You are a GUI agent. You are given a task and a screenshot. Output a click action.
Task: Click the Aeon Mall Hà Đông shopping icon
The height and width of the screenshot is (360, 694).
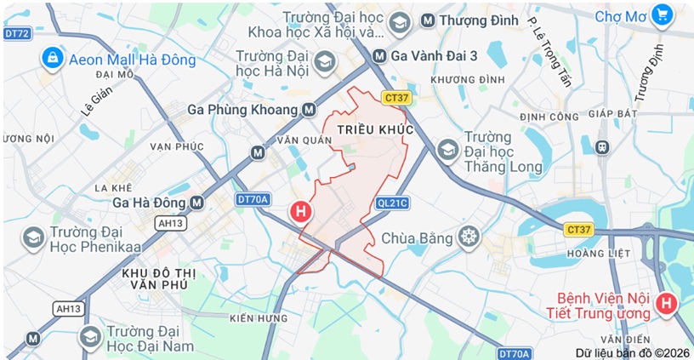[53, 59]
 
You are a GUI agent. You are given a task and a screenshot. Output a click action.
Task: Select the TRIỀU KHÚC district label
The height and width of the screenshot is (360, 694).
[374, 129]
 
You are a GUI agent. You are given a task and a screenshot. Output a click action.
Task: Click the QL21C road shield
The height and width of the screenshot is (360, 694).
[392, 203]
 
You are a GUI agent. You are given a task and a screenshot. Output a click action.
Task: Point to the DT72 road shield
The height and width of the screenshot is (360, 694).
[16, 33]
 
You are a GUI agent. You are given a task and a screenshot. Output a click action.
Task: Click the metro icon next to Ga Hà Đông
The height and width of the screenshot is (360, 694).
[197, 203]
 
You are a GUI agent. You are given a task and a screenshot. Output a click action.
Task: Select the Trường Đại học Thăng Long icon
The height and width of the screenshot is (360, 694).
[447, 150]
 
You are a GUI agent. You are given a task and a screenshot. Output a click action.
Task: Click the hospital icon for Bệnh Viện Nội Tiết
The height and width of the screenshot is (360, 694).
[667, 302]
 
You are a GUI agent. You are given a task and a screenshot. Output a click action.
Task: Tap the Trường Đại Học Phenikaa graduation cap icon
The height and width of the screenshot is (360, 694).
[33, 237]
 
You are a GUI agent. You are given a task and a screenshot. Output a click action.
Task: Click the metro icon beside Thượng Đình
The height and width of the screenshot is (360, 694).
[428, 19]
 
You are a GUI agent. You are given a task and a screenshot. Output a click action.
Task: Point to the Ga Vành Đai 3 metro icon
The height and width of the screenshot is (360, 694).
[379, 55]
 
